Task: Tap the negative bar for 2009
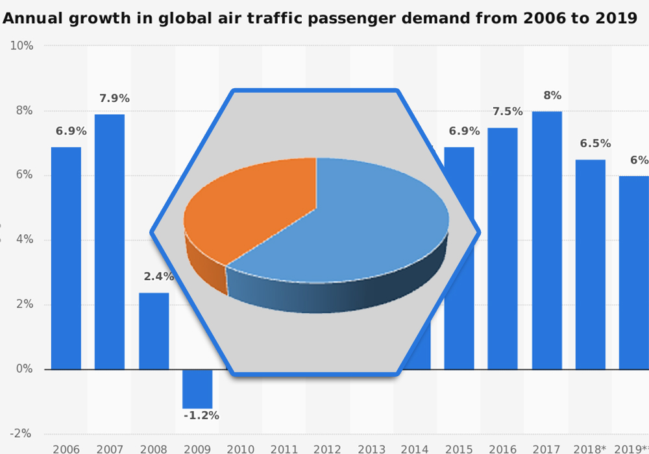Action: click(x=197, y=388)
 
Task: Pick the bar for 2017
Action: click(x=547, y=240)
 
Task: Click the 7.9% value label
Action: click(x=114, y=99)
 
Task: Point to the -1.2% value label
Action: click(x=201, y=416)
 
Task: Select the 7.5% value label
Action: click(x=508, y=112)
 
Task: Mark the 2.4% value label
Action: click(x=158, y=277)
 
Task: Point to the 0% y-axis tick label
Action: click(x=23, y=369)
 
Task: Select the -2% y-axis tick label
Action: click(x=21, y=434)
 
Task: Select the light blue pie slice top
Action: click(x=363, y=227)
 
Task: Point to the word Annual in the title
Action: click(x=30, y=18)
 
